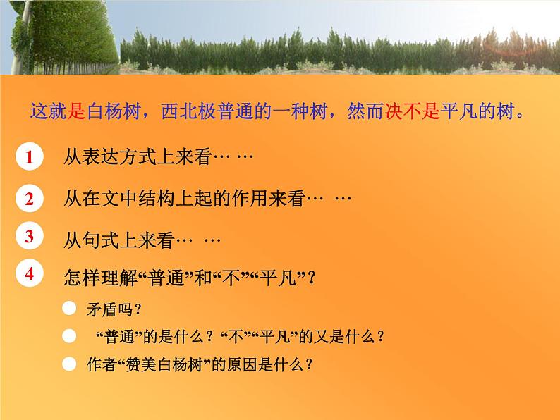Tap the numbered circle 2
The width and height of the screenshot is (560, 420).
30,199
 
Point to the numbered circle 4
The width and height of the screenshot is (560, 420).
30,274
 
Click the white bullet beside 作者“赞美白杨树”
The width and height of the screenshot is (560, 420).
68,364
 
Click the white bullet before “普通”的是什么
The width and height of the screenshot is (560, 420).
68,336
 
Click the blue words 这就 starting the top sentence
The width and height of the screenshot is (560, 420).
46,113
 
